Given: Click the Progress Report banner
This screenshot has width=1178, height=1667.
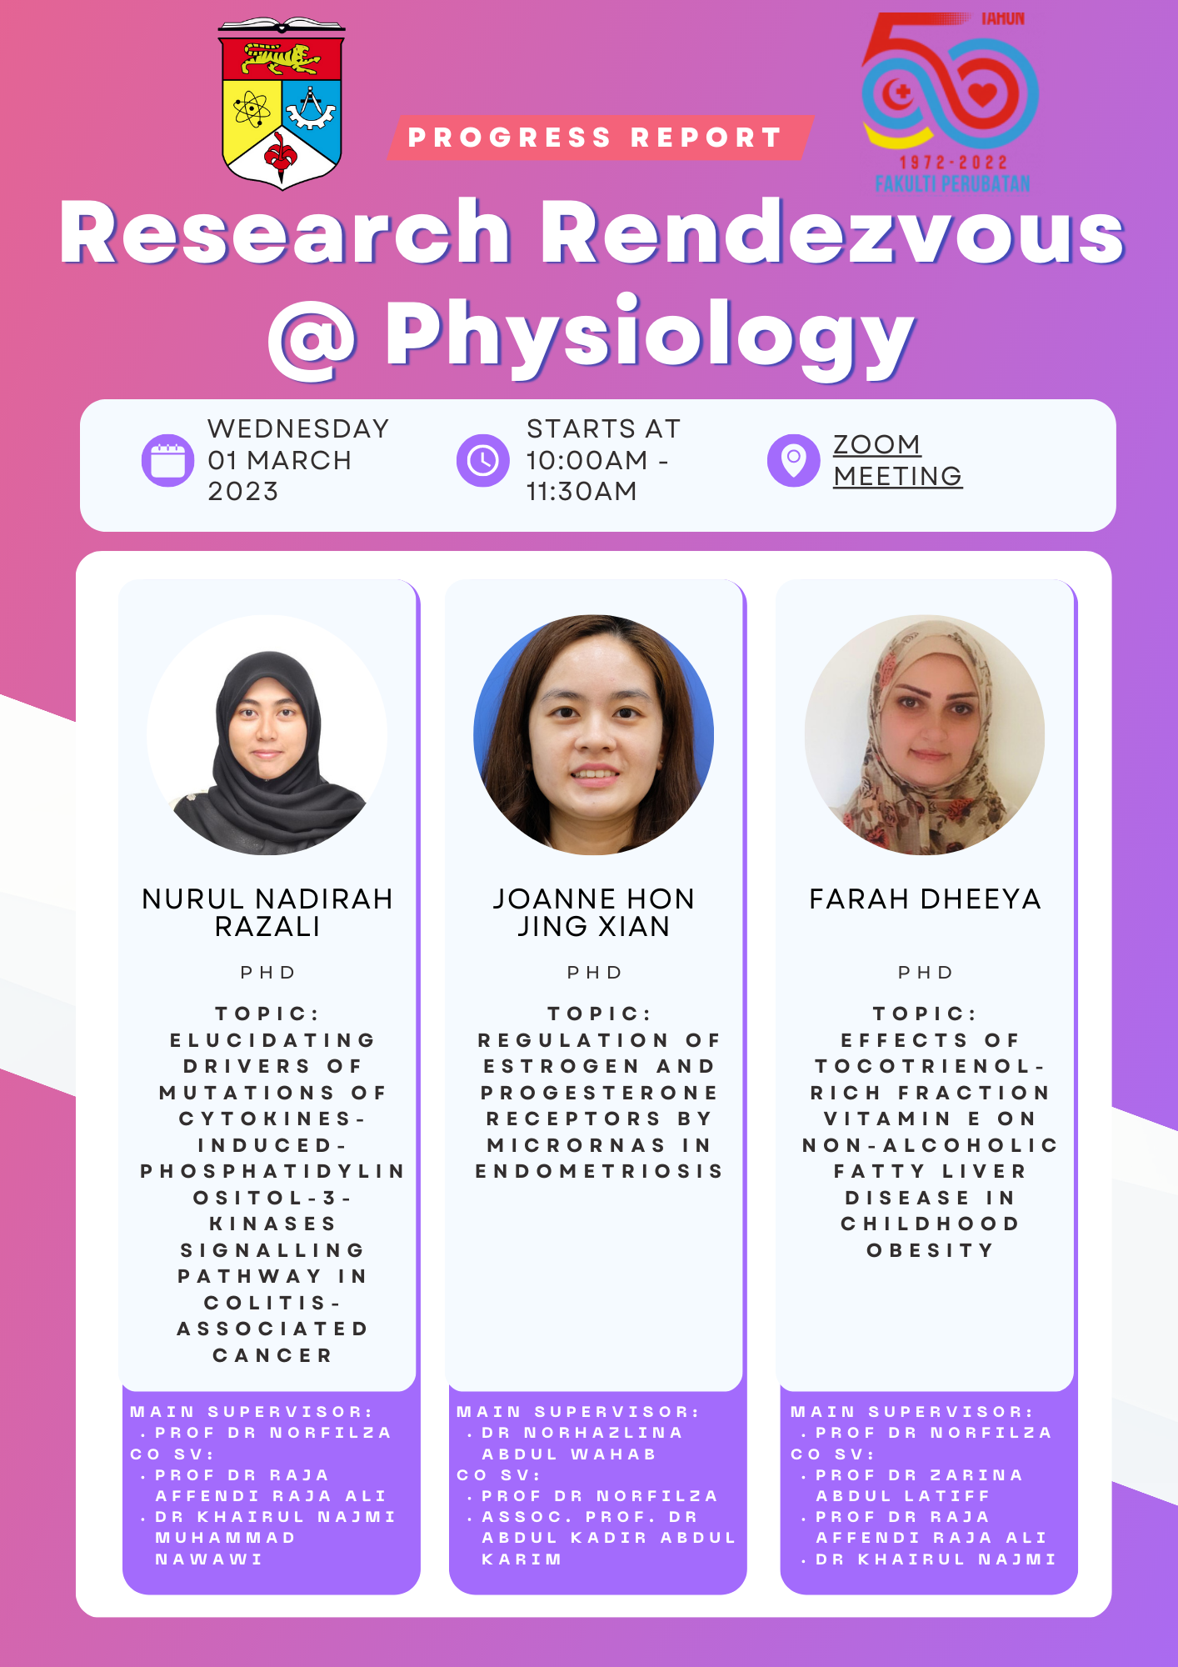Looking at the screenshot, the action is [600, 138].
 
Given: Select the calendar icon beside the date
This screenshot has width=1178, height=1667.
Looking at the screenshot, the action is [168, 460].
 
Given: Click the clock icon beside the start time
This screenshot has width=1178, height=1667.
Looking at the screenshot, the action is [483, 460].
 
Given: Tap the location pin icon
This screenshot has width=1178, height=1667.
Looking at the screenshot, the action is [794, 460].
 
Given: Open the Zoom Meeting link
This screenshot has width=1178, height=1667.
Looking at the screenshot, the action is [898, 460].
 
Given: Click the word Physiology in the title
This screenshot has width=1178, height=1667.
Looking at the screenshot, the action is [650, 335].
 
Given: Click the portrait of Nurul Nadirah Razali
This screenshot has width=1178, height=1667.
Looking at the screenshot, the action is [267, 735].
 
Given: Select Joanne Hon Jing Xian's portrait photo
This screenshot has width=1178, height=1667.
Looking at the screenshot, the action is [594, 735].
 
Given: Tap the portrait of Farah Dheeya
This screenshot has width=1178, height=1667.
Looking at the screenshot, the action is [925, 735].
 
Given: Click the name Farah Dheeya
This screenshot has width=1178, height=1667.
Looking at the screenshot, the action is [926, 899].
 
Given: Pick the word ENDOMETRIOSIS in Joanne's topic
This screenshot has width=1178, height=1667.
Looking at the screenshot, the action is [599, 1171].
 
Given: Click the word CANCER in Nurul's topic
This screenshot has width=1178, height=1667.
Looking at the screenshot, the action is [272, 1355].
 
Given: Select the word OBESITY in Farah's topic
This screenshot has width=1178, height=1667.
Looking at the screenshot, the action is [931, 1250].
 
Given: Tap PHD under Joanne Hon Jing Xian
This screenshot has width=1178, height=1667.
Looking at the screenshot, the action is [595, 973].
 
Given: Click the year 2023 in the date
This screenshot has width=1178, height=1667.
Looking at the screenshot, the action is [243, 492].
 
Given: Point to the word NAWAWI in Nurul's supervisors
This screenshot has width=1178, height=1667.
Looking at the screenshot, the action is [209, 1559].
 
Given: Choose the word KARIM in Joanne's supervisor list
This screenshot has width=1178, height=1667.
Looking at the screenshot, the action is [522, 1559].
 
